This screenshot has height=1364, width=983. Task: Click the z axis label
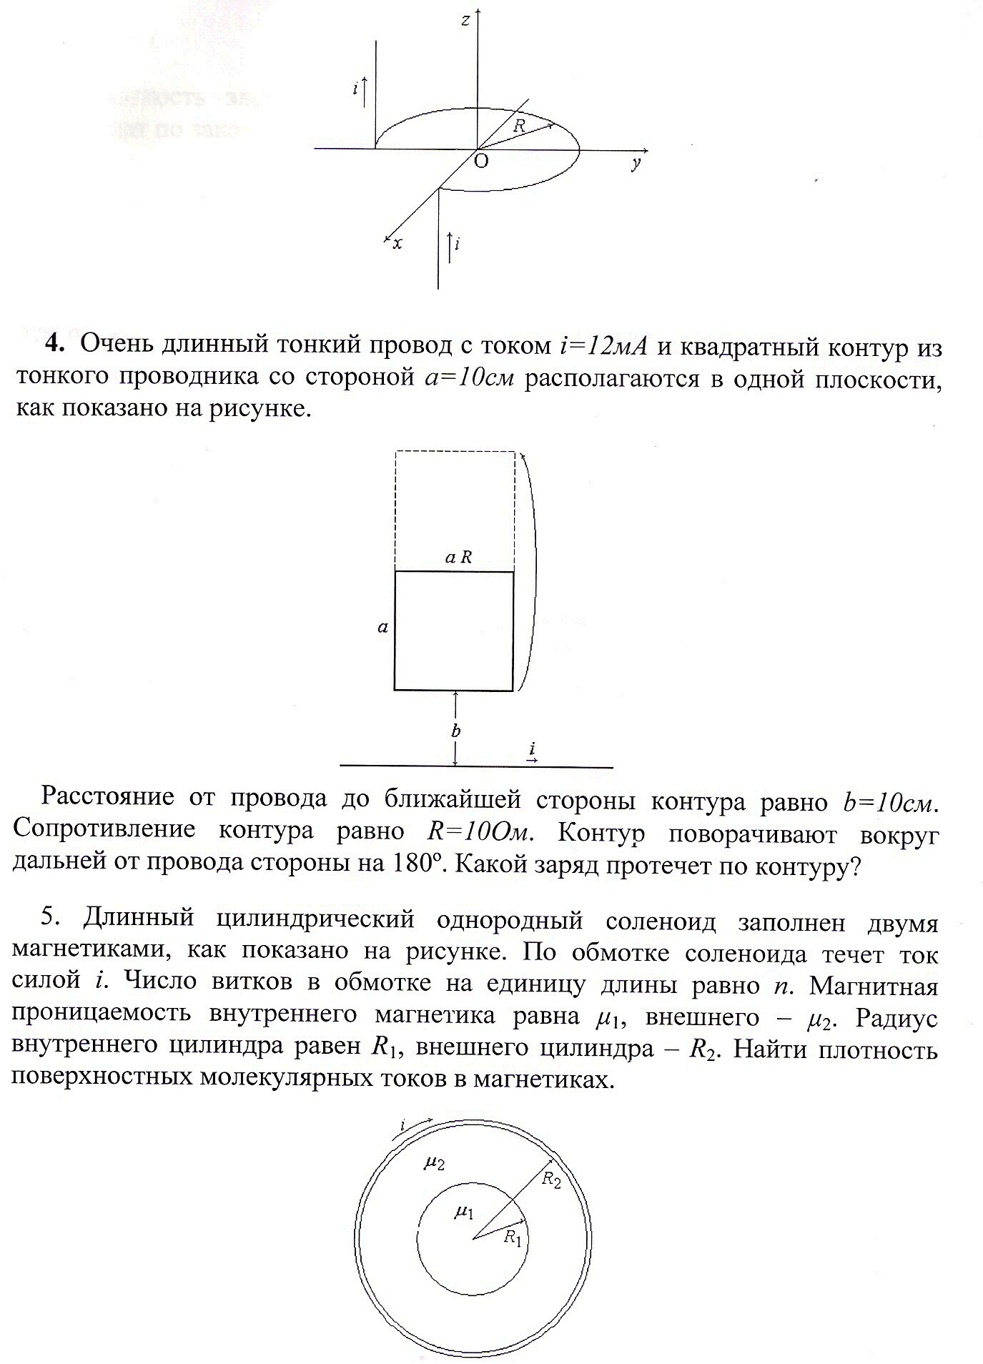coord(465,21)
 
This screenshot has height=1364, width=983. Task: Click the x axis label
coord(397,244)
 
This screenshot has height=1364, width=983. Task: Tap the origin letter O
coord(481,162)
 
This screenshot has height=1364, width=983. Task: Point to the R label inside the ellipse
coord(520,126)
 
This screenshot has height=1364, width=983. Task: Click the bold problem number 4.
coord(55,344)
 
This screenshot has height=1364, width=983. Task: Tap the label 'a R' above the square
coord(458,557)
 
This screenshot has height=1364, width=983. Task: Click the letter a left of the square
coord(383,628)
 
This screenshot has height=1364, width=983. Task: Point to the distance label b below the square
coord(455,731)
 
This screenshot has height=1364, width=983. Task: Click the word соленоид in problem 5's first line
coord(660,921)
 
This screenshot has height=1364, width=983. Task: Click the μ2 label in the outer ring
coord(435,1165)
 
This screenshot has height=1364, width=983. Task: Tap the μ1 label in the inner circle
coord(465,1212)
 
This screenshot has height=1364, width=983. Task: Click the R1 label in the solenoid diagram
coord(512,1237)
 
